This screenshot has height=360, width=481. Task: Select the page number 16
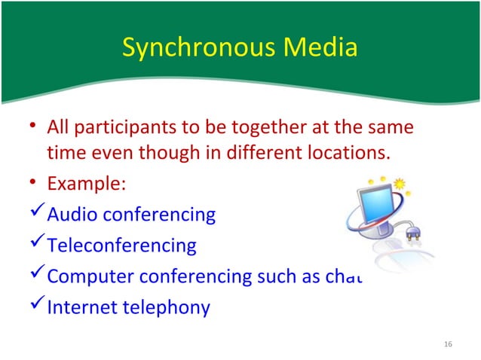pyautogui.click(x=449, y=344)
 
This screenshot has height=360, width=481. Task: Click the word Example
pyautogui.click(x=81, y=185)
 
